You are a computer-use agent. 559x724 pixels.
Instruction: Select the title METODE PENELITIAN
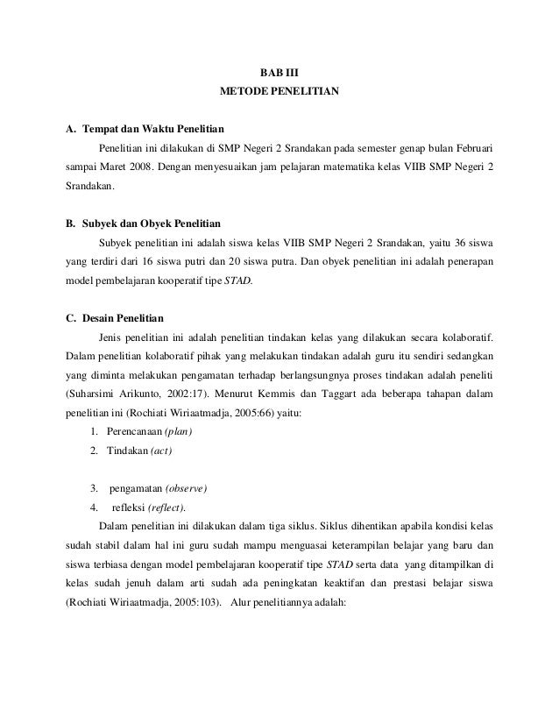point(279,90)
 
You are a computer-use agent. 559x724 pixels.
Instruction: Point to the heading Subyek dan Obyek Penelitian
point(145,224)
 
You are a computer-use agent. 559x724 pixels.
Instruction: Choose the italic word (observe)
point(184,488)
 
